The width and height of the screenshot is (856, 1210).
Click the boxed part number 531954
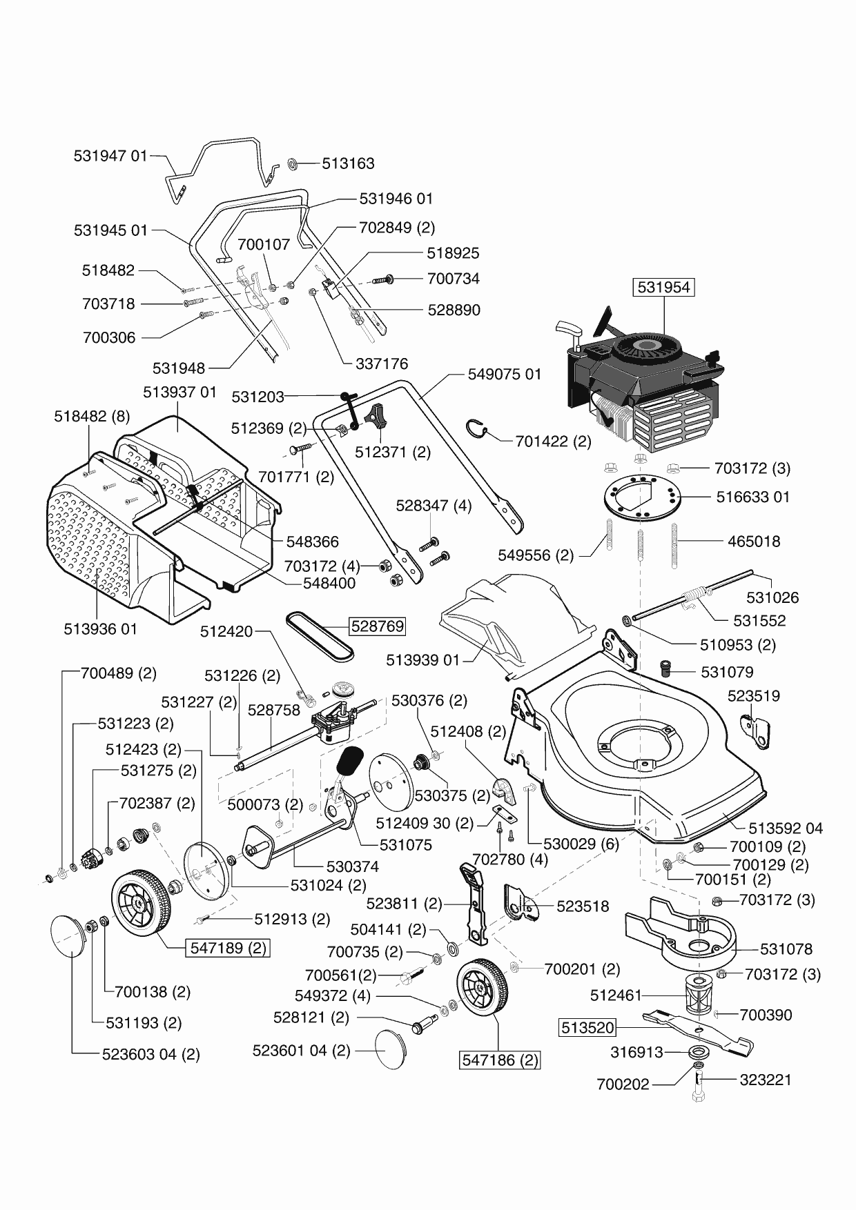click(664, 287)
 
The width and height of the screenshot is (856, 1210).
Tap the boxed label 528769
click(377, 626)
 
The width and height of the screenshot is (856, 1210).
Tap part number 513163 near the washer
click(348, 163)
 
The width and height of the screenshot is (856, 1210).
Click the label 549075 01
click(505, 374)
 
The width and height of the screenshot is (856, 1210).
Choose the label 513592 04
click(786, 828)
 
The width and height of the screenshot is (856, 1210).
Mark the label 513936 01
click(100, 629)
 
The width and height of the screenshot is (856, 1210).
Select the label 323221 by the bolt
click(765, 1080)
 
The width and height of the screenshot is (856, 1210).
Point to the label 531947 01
click(110, 156)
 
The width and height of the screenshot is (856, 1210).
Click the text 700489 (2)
click(119, 673)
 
